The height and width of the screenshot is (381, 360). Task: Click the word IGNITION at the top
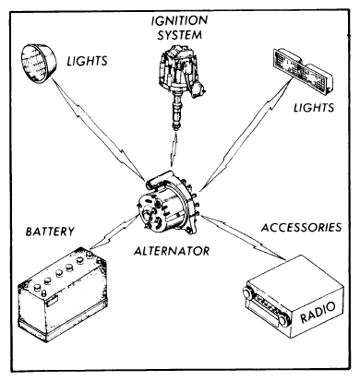[179, 21]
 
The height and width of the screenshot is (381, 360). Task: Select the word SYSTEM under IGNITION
[180, 35]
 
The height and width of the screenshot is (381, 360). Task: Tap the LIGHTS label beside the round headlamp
[88, 61]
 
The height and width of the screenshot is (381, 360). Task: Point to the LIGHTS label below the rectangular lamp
[314, 108]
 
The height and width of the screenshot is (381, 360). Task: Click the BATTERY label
[50, 232]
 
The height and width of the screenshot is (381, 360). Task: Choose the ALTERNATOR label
[172, 251]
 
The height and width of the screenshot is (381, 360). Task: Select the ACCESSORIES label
[302, 227]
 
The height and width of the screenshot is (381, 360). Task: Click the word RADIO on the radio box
[318, 313]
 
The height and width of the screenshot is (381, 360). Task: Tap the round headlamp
[39, 64]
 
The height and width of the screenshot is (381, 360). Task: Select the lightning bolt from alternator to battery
[114, 232]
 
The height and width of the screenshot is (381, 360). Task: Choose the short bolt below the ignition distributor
[174, 150]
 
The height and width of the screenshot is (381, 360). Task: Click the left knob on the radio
[246, 293]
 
